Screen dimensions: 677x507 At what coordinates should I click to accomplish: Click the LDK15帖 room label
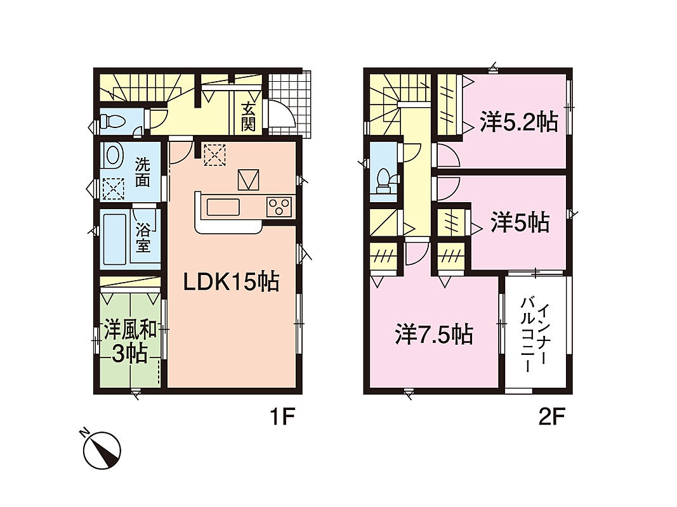[231, 283]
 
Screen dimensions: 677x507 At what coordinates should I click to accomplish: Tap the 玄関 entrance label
[248, 117]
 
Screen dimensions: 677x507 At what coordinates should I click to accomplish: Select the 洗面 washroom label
[143, 172]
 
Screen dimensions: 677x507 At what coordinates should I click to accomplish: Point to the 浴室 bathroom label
[143, 238]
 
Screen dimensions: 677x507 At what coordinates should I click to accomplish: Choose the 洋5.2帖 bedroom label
[519, 122]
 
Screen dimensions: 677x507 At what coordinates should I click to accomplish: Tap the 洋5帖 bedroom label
[520, 223]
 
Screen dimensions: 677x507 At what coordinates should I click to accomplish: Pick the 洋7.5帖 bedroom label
[434, 335]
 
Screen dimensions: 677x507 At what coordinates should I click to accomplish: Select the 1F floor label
[282, 417]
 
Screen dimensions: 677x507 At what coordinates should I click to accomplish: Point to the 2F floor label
[551, 417]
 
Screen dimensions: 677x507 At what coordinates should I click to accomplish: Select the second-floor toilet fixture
[383, 181]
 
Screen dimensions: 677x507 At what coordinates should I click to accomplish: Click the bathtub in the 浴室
[115, 238]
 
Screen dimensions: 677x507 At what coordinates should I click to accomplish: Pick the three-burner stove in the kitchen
[279, 206]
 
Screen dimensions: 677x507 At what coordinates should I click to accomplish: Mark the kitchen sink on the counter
[223, 207]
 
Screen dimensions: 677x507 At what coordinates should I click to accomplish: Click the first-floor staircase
[140, 88]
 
